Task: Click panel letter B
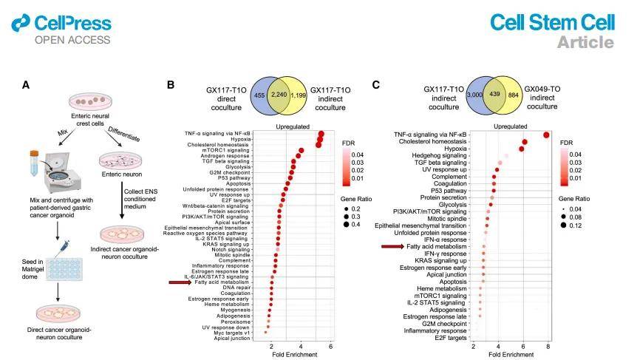point(171,85)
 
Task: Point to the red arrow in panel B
point(180,282)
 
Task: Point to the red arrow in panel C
point(392,246)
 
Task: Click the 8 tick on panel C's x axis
point(548,346)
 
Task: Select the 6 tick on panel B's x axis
point(330,346)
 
